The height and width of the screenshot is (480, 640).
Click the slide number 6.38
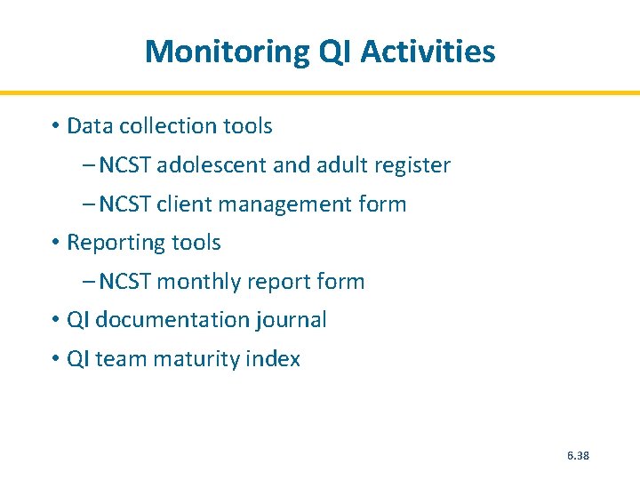pyautogui.click(x=578, y=456)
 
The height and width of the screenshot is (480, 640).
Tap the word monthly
pyautogui.click(x=198, y=282)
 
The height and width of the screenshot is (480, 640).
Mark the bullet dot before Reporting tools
pyautogui.click(x=55, y=243)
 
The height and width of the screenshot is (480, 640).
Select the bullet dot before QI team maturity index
pyautogui.click(x=55, y=359)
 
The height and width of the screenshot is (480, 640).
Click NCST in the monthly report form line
pyautogui.click(x=125, y=282)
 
